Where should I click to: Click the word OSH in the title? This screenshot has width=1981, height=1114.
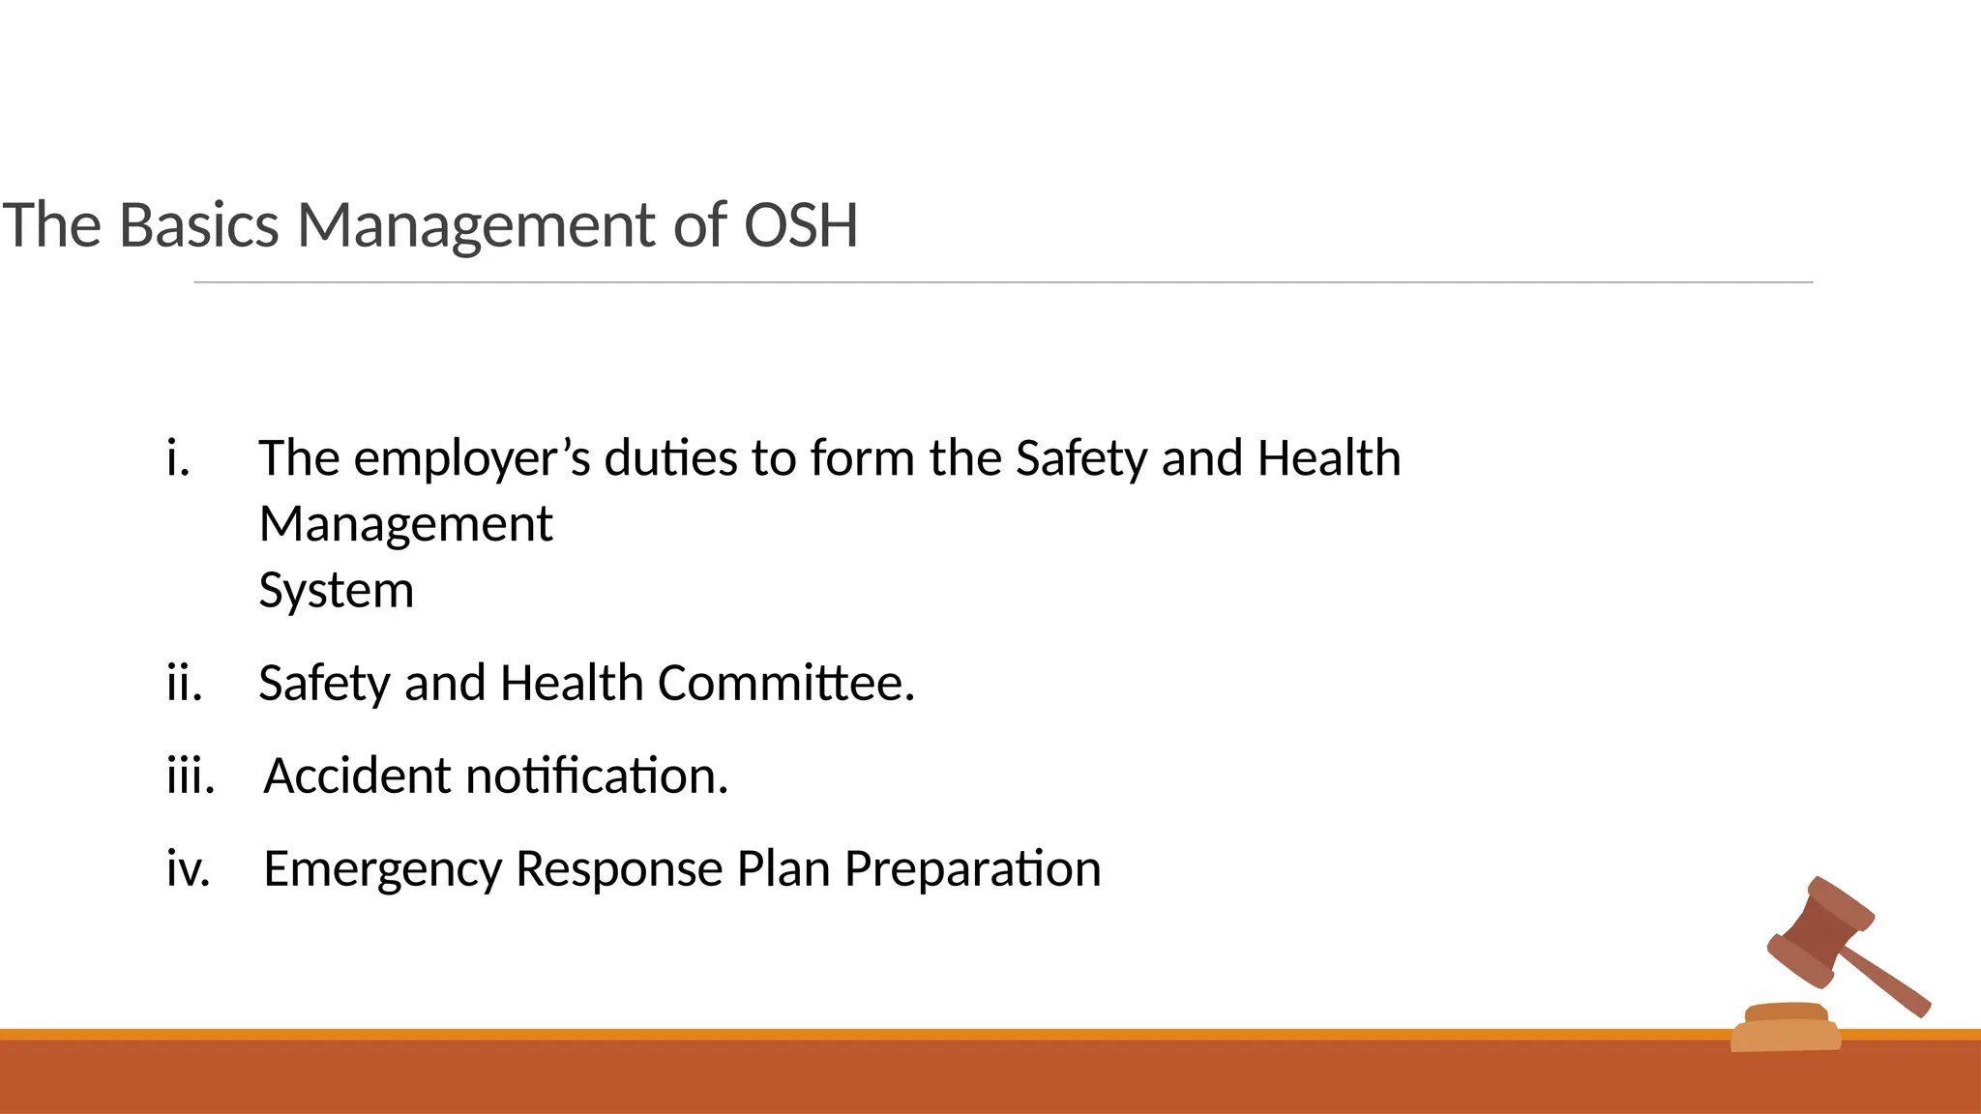[800, 225]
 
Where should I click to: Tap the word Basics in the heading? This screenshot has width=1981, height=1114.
[198, 225]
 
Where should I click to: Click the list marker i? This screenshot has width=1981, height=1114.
[177, 457]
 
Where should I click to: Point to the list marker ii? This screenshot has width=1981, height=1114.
[184, 683]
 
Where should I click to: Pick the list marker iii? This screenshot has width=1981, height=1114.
[190, 776]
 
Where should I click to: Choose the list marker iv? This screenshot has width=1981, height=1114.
[188, 868]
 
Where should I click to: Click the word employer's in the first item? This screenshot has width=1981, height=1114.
[471, 459]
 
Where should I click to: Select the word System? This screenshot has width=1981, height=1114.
[336, 591]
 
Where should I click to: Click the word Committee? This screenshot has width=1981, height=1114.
[785, 683]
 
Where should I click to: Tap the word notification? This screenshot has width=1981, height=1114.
[596, 776]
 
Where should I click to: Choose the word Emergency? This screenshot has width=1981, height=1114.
[382, 869]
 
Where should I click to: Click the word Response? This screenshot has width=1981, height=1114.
[618, 869]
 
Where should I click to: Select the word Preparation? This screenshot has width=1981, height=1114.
[972, 869]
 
